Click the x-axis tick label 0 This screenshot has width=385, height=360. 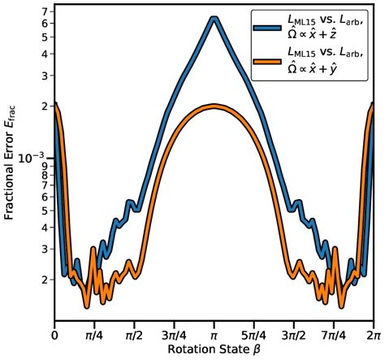[x=54, y=335]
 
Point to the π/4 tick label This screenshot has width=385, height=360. [x=93, y=335]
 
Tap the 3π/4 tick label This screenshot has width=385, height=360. [x=173, y=335]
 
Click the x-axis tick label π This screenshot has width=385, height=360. [x=214, y=335]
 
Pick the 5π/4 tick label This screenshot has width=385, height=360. [x=253, y=335]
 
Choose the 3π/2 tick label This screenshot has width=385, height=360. [x=293, y=335]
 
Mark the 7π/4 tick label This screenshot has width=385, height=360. [x=333, y=335]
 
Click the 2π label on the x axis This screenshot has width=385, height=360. [x=372, y=335]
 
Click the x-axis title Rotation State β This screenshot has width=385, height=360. [x=214, y=350]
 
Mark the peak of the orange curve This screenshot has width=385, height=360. [x=214, y=106]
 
